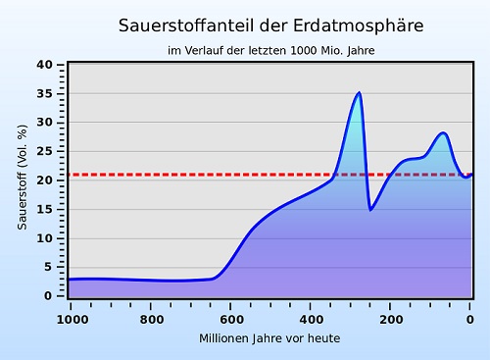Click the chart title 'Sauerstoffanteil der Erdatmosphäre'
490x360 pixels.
[257, 25]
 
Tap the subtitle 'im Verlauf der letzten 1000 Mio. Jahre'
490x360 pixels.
[257, 50]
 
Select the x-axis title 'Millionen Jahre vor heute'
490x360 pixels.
[269, 337]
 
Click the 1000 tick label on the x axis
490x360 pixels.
[71, 318]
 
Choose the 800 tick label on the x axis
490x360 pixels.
[151, 318]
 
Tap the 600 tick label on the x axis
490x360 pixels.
[230, 318]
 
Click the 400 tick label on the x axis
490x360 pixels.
[311, 318]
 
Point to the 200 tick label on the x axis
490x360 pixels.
[390, 318]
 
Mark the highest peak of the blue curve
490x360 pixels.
[359, 93]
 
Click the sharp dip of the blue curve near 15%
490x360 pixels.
[370, 209]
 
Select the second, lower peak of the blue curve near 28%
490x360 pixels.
[444, 132]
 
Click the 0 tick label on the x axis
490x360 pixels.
[470, 318]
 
